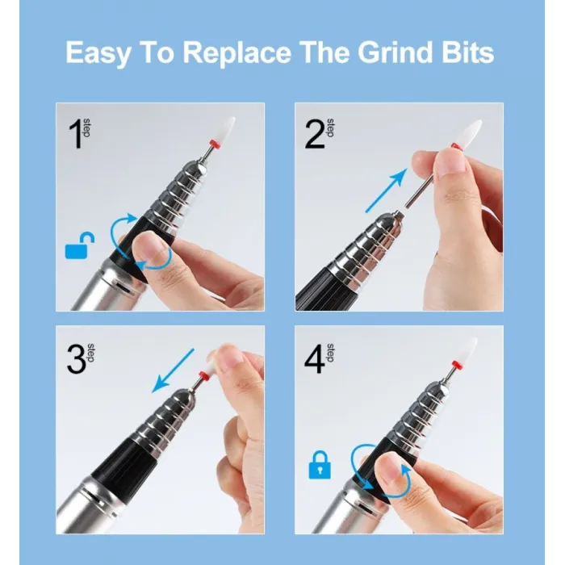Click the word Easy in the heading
98,53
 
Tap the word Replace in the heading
236,52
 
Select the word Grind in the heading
395,52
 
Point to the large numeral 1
75,134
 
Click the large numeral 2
314,134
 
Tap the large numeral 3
77,359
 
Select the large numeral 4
314,359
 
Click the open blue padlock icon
80,245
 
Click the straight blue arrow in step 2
387,190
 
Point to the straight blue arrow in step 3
173,370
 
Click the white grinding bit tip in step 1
227,127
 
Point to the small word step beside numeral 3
90,354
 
